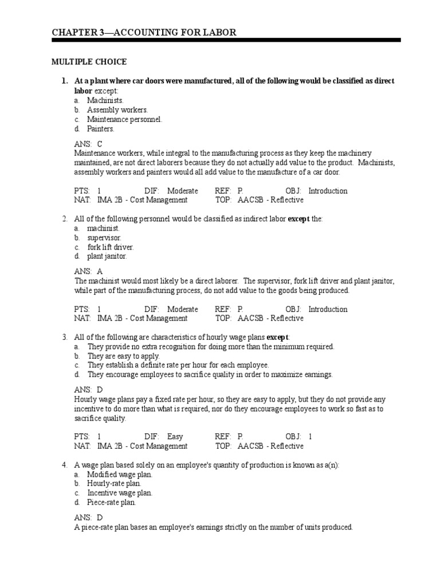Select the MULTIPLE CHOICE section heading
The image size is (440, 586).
point(89,62)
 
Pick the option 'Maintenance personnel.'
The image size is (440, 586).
point(124,120)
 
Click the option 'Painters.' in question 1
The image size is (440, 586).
point(101,129)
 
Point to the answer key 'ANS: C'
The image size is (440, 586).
point(88,144)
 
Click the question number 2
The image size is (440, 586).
point(65,219)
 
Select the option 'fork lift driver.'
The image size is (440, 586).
point(110,247)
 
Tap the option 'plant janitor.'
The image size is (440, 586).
point(107,256)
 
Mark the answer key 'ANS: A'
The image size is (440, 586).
point(88,272)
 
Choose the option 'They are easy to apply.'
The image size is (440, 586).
point(123,356)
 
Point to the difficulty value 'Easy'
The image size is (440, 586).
point(175,437)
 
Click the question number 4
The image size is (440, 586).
point(65,465)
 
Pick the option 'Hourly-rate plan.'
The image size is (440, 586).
point(114,484)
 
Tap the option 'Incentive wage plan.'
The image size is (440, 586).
point(120,493)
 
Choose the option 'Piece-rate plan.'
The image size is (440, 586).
point(111,502)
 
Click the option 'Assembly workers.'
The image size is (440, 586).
point(117,110)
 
